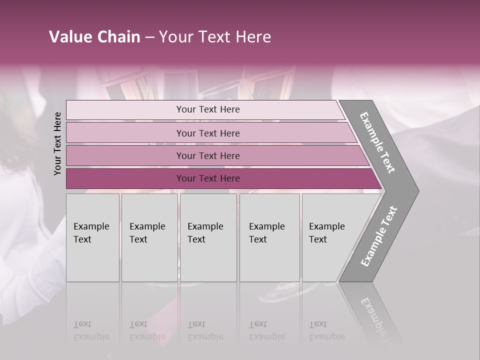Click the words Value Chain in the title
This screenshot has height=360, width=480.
click(x=94, y=37)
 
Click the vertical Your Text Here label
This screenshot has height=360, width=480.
click(x=57, y=143)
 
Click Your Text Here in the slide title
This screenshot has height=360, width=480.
click(x=215, y=37)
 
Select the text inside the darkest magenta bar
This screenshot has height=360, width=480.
click(x=208, y=178)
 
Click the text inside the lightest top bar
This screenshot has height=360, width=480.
click(x=208, y=109)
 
